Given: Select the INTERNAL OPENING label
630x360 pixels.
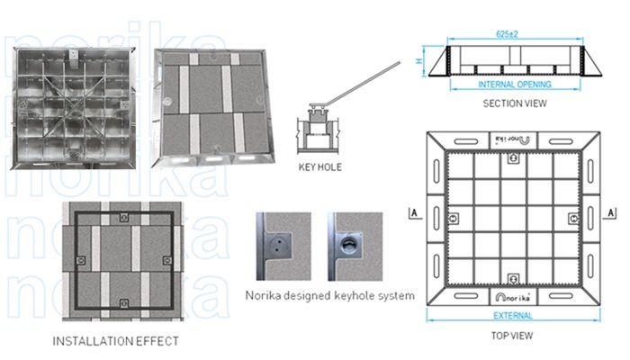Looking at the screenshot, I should pyautogui.click(x=515, y=85).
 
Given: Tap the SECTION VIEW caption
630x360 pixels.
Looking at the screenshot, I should pyautogui.click(x=515, y=103).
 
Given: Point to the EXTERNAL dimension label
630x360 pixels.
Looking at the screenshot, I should pyautogui.click(x=513, y=316).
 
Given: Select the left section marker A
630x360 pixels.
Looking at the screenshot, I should pyautogui.click(x=412, y=213).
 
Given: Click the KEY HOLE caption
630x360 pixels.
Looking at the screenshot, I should pyautogui.click(x=319, y=167).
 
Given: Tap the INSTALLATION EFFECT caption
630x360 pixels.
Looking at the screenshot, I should pyautogui.click(x=115, y=341).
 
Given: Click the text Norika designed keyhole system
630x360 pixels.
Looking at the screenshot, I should pyautogui.click(x=329, y=295).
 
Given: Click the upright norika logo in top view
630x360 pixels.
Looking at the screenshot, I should pyautogui.click(x=513, y=295).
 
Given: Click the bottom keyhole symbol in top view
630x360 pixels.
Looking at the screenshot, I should pyautogui.click(x=513, y=277).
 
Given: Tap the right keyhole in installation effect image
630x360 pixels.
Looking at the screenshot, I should pyautogui.click(x=166, y=259).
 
